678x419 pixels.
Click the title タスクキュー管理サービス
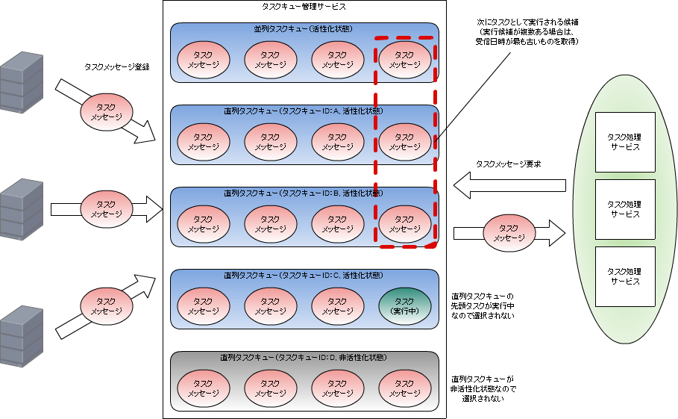coord(304,6)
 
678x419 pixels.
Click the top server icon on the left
coord(21,82)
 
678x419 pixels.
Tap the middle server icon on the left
coord(21,209)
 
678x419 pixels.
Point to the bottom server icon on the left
coord(21,336)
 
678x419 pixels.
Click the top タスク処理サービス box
coord(624,142)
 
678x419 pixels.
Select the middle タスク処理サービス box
coord(624,209)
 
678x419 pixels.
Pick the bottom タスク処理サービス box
coord(624,276)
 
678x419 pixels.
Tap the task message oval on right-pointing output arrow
coord(509,233)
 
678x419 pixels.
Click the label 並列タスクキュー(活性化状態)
coord(304,29)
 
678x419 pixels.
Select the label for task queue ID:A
coord(304,111)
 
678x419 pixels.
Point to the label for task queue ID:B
coord(304,193)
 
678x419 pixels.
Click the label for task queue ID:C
coord(304,275)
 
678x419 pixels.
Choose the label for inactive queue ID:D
coord(304,358)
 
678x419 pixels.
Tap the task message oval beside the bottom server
coord(106,305)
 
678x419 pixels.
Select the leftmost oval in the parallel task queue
coord(204,60)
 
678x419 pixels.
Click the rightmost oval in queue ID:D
coord(404,388)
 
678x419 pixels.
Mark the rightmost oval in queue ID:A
coord(404,142)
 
